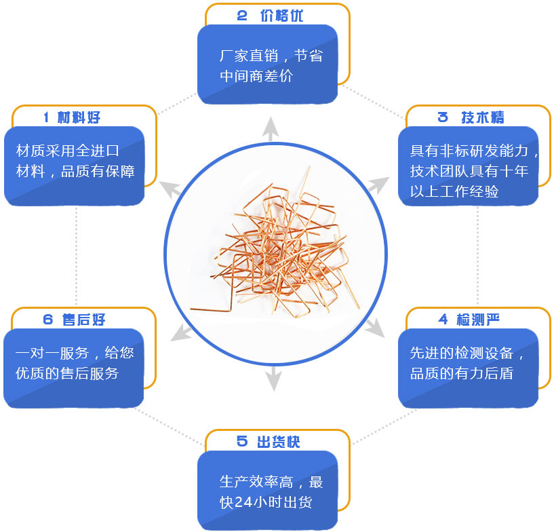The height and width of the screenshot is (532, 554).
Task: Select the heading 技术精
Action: coord(482,117)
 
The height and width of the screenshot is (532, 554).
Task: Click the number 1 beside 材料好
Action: coord(46,117)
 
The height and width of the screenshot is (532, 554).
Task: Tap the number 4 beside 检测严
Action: coord(443,319)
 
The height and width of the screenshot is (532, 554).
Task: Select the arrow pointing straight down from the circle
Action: coord(273,379)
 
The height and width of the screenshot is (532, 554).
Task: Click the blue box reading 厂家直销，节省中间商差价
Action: coord(267,65)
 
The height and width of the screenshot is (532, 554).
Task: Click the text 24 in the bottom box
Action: coord(243,503)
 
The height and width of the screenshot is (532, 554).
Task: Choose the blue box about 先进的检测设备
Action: coord(468,367)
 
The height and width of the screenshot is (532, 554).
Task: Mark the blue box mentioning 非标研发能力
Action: coord(469,166)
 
